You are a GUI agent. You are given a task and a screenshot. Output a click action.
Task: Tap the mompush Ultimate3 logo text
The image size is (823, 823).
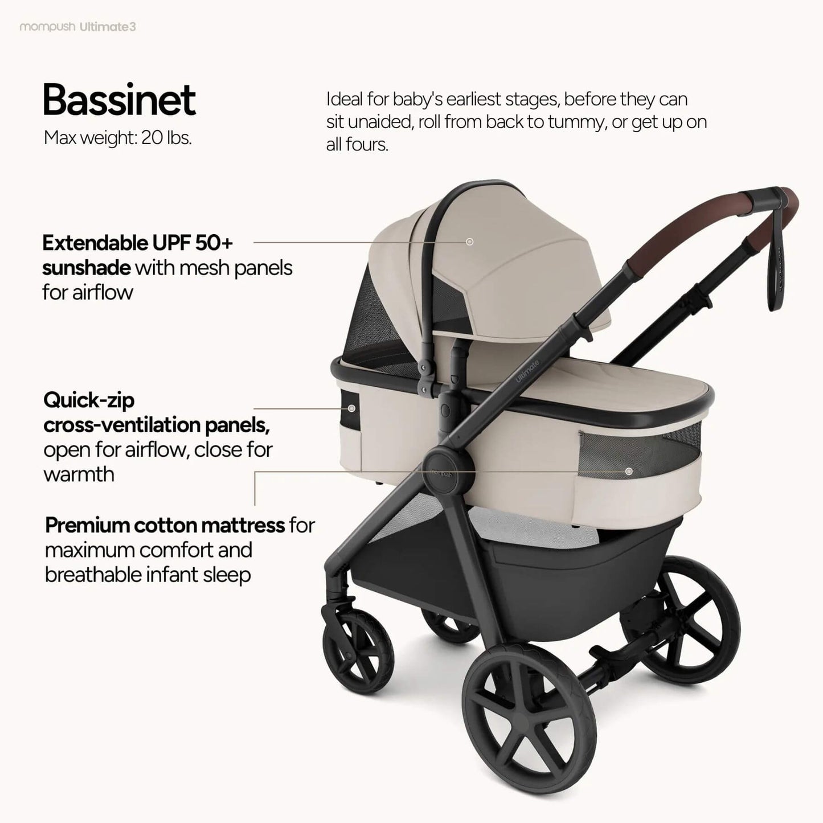pos(77,27)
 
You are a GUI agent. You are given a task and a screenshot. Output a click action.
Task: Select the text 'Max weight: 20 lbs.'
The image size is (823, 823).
pos(117,138)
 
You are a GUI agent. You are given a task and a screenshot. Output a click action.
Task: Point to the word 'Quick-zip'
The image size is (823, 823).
pos(89,400)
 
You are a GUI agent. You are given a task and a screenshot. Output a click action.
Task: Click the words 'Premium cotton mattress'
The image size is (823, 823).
pos(165,525)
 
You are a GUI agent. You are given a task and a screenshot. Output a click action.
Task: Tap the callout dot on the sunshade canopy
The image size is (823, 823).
pos(470,241)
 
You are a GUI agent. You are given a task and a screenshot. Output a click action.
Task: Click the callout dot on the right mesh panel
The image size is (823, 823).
pos(629,471)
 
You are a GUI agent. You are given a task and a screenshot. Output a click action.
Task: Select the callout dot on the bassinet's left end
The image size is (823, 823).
pos(351,408)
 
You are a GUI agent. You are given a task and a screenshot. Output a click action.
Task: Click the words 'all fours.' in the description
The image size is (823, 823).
pos(357,145)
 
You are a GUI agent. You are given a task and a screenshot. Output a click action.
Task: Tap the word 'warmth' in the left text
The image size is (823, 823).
pos(79,474)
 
